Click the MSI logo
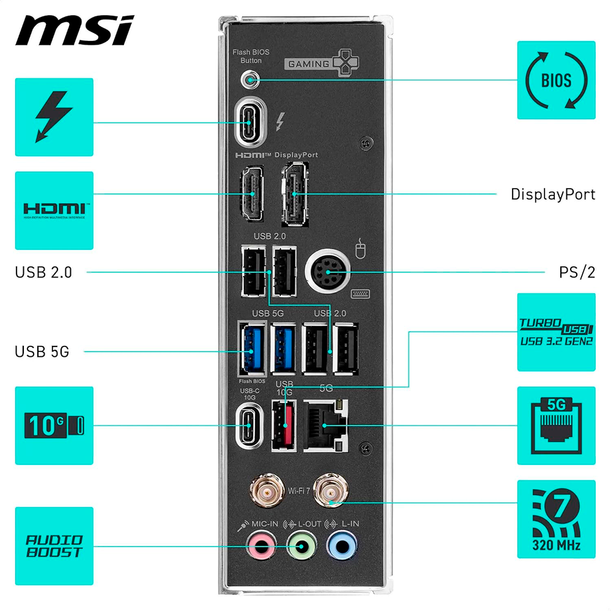74,31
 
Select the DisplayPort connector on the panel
294,194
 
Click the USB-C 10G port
249,425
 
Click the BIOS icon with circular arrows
556,80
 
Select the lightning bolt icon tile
54,117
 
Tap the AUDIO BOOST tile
54,546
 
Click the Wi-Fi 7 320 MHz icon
556,519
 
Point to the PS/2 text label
577,272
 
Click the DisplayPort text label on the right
552,194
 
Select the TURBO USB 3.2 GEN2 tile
556,332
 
